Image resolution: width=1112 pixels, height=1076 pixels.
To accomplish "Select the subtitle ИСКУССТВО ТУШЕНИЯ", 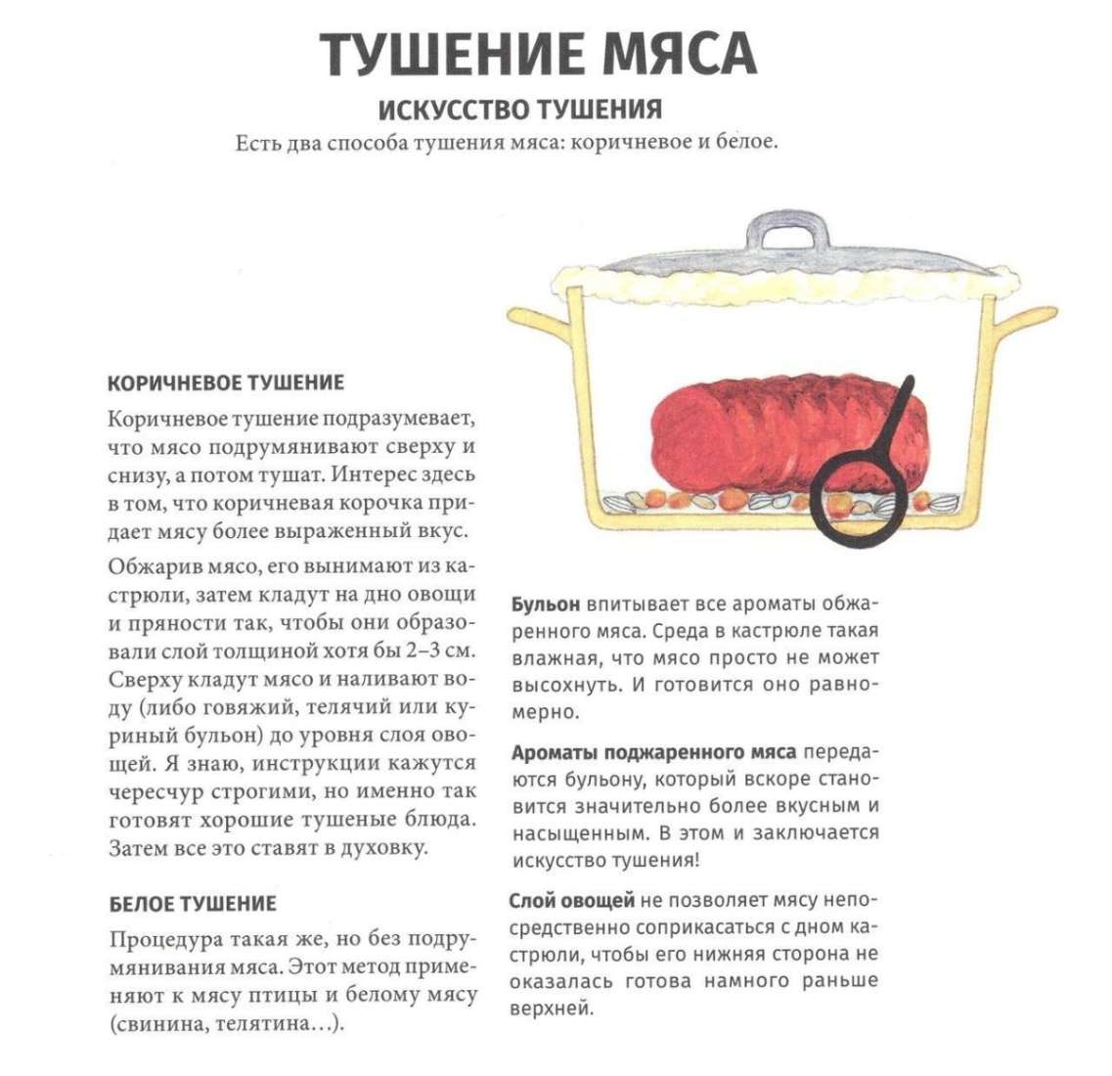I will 519,109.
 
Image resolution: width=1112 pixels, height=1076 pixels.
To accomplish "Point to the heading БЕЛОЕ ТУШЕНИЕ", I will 192,903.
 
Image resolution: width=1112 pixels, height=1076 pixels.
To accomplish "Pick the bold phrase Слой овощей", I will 572,900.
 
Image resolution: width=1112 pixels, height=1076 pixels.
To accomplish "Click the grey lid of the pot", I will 782,259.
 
